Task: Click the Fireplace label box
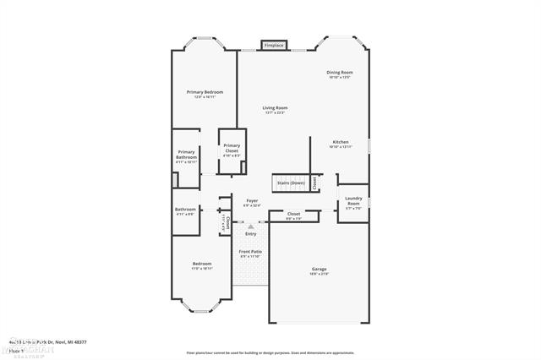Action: (x=274, y=45)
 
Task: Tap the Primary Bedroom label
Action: (x=204, y=91)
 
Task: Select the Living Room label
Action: (x=275, y=107)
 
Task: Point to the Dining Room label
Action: (x=340, y=73)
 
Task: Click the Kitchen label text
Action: (x=340, y=141)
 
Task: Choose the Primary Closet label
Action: (x=232, y=148)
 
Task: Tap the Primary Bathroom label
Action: (x=186, y=155)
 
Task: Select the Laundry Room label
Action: (x=352, y=201)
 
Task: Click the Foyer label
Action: (x=252, y=200)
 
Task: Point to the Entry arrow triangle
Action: (x=250, y=226)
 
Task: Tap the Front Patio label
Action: (x=250, y=251)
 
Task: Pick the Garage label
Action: (x=319, y=269)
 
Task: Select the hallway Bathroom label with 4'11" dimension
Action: (x=185, y=209)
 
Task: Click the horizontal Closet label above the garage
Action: (x=293, y=214)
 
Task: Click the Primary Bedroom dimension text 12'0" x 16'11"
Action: (x=204, y=96)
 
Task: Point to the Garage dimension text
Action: (x=319, y=274)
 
